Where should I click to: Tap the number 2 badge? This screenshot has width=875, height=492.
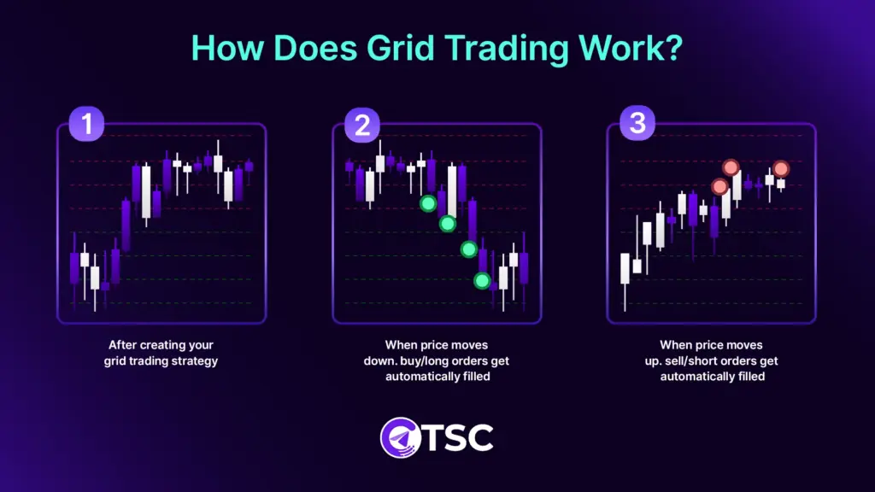coord(362,125)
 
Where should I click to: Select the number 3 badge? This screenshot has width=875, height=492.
coord(637,125)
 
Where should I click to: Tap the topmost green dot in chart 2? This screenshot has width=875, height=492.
coord(428,203)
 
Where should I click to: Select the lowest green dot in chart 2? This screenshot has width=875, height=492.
coord(482,280)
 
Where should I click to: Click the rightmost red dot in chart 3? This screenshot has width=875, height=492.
coord(781,169)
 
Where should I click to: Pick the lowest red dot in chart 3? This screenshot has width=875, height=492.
coord(719,186)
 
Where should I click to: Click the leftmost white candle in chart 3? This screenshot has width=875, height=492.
coord(625,268)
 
